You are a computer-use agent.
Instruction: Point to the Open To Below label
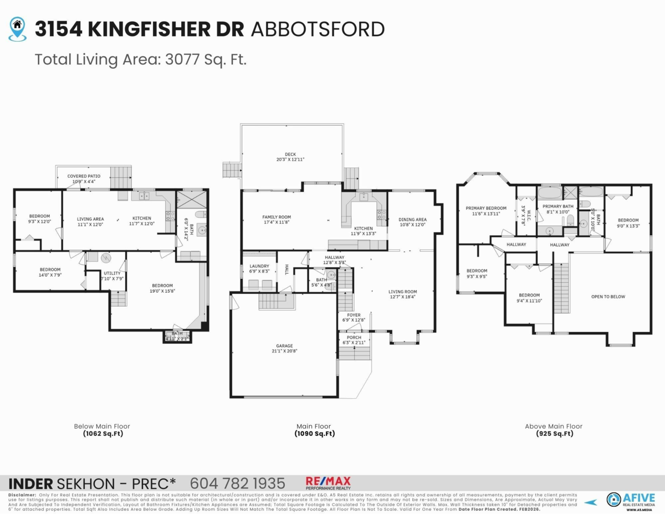[608, 297]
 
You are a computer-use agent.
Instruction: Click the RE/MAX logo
[328, 483]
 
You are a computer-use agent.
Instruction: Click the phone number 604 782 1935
[237, 483]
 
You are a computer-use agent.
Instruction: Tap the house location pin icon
[18, 28]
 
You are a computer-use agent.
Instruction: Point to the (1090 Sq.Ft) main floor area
[314, 434]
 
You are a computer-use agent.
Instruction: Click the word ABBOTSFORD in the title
[318, 29]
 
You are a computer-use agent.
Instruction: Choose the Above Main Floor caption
[554, 426]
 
